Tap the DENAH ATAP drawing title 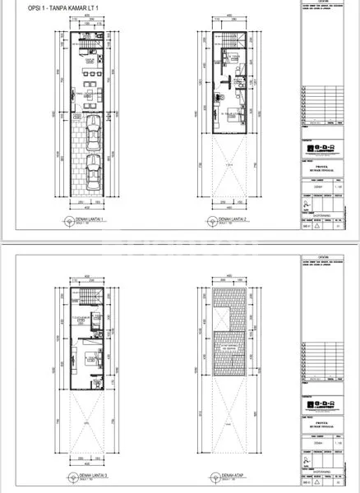(233, 474)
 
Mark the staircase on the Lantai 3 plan (88, 297)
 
